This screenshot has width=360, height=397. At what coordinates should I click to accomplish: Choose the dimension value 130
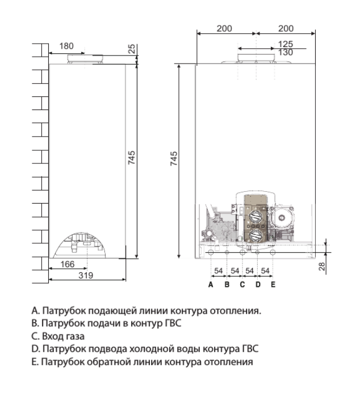[286, 52]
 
